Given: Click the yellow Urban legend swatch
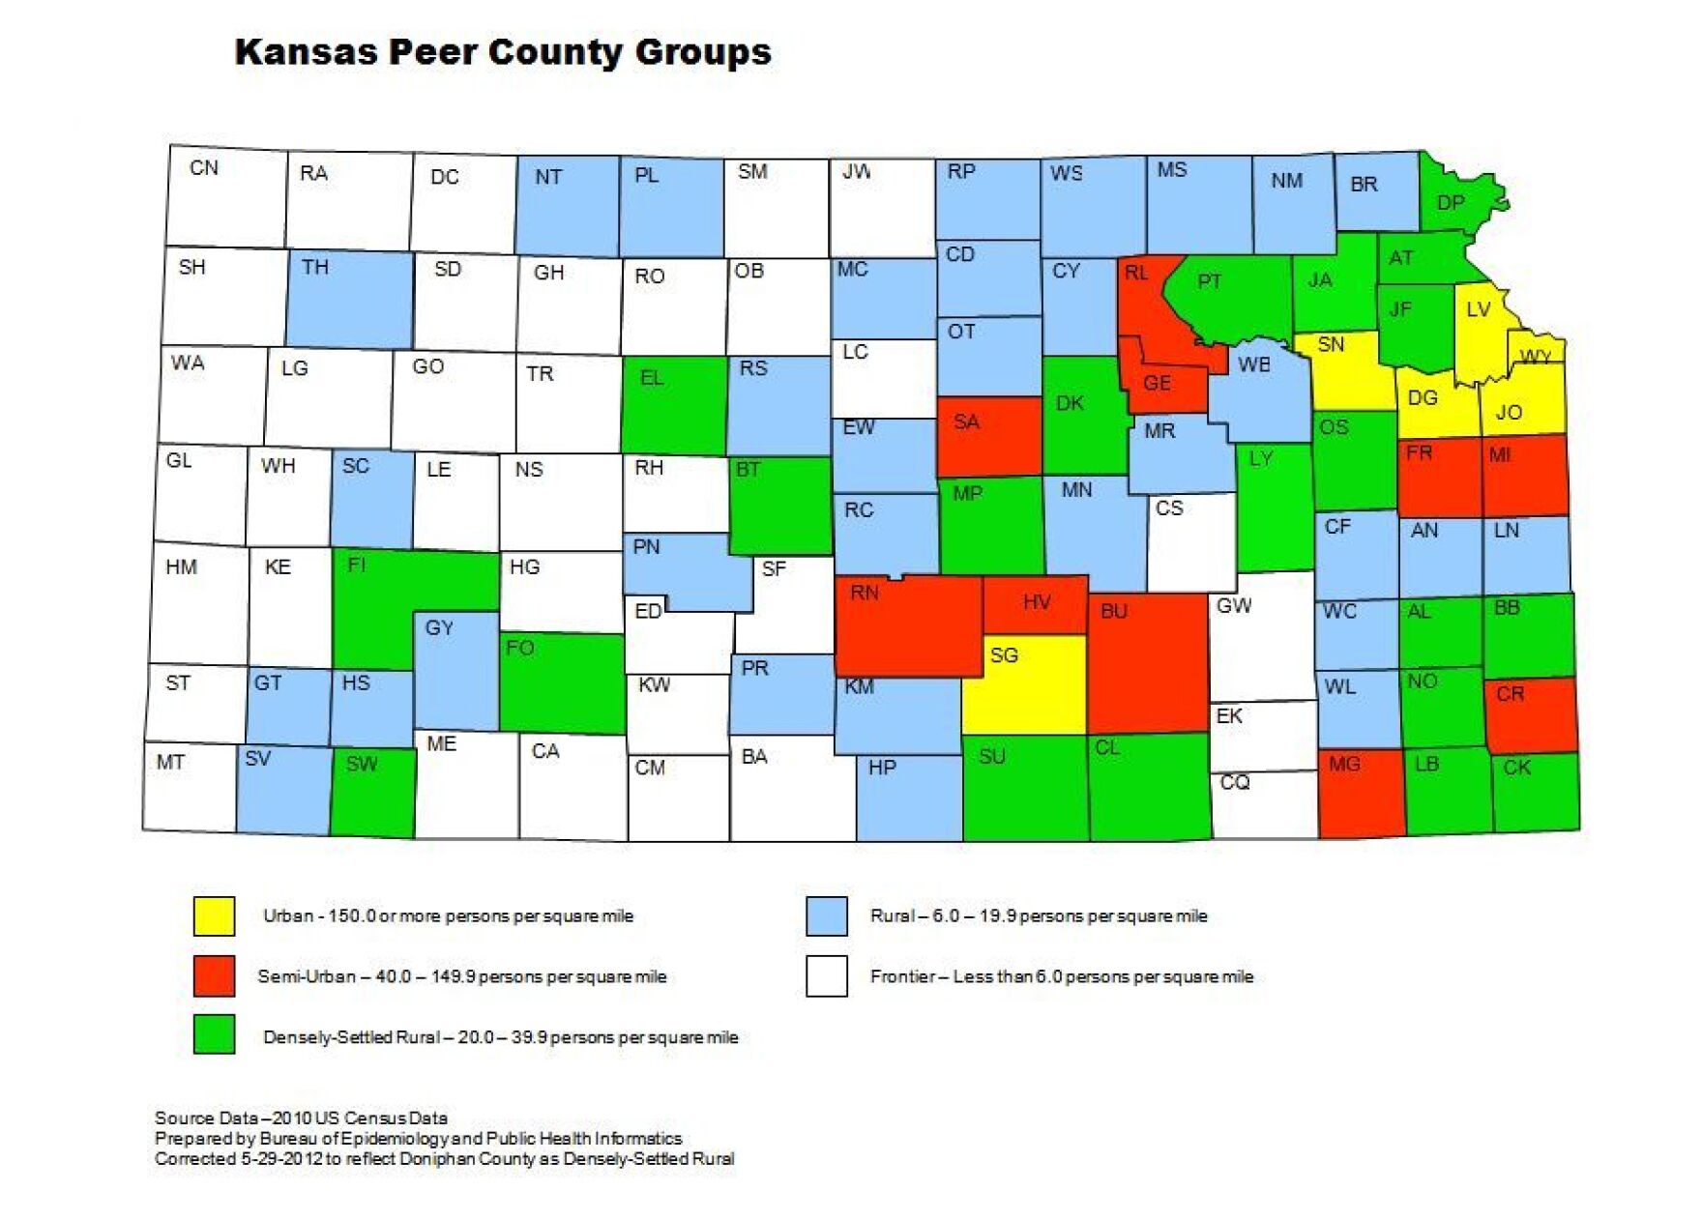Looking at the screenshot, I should (214, 915).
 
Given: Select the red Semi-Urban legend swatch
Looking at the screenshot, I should (214, 975).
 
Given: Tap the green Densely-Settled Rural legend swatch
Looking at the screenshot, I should (214, 1033).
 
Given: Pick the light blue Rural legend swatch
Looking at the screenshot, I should (827, 915).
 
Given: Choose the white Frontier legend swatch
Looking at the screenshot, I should (827, 975).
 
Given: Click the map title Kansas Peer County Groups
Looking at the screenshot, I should (503, 52).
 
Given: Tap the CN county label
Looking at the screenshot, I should (204, 168).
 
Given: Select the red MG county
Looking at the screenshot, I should (1362, 793).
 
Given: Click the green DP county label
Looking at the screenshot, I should (1451, 203).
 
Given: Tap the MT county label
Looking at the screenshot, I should (170, 763).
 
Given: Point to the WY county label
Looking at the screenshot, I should (1536, 357).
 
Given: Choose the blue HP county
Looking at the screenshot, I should (909, 798).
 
